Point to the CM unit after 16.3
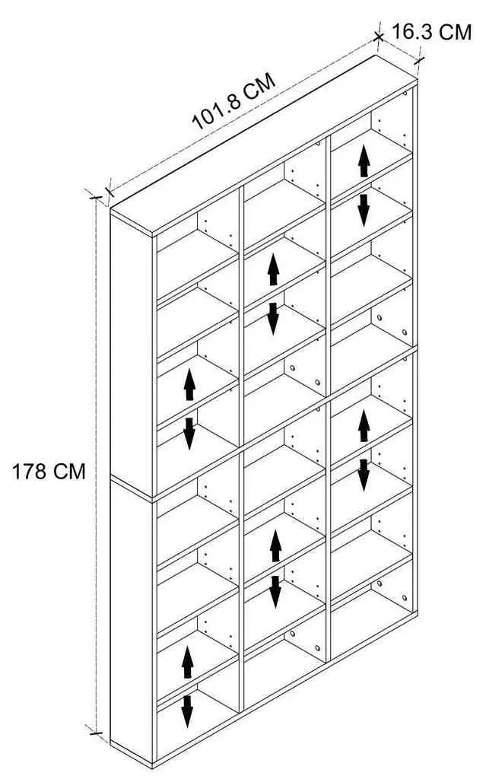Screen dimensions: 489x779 point(454,32)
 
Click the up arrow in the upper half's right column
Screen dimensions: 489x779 point(364,160)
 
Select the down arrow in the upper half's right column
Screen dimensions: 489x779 point(364,210)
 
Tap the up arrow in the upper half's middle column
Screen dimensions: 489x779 point(273,269)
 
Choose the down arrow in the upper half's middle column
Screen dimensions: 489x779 point(272,319)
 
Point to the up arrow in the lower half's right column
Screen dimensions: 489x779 point(364,425)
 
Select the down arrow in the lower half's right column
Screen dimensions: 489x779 point(364,475)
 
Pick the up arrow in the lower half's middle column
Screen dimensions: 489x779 point(275,545)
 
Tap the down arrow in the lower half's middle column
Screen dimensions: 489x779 point(275,592)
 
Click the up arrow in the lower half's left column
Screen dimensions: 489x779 point(187,661)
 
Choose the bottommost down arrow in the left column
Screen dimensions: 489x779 point(187,711)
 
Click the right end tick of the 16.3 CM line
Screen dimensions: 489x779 point(420,60)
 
